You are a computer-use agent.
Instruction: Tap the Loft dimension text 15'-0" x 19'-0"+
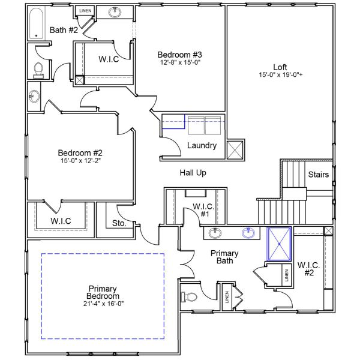280,75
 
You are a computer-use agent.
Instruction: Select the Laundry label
202,146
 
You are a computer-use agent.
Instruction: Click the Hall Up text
193,173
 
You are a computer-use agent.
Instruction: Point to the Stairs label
318,175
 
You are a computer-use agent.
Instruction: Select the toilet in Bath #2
38,70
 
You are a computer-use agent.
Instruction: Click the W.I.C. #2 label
308,269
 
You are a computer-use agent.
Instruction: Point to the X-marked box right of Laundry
234,149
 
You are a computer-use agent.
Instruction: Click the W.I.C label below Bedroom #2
61,221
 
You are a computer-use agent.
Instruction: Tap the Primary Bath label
224,257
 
